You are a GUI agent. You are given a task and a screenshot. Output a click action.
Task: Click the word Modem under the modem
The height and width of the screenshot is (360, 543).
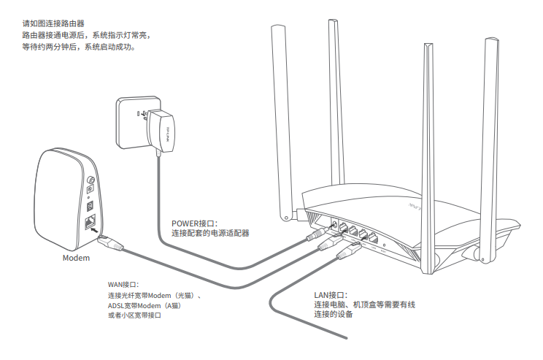pyautogui.click(x=76, y=258)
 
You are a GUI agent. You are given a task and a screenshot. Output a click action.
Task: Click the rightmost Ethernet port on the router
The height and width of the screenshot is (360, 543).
pyautogui.click(x=373, y=238)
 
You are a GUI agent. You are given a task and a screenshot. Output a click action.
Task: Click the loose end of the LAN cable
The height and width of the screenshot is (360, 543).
pyautogui.click(x=344, y=337)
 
